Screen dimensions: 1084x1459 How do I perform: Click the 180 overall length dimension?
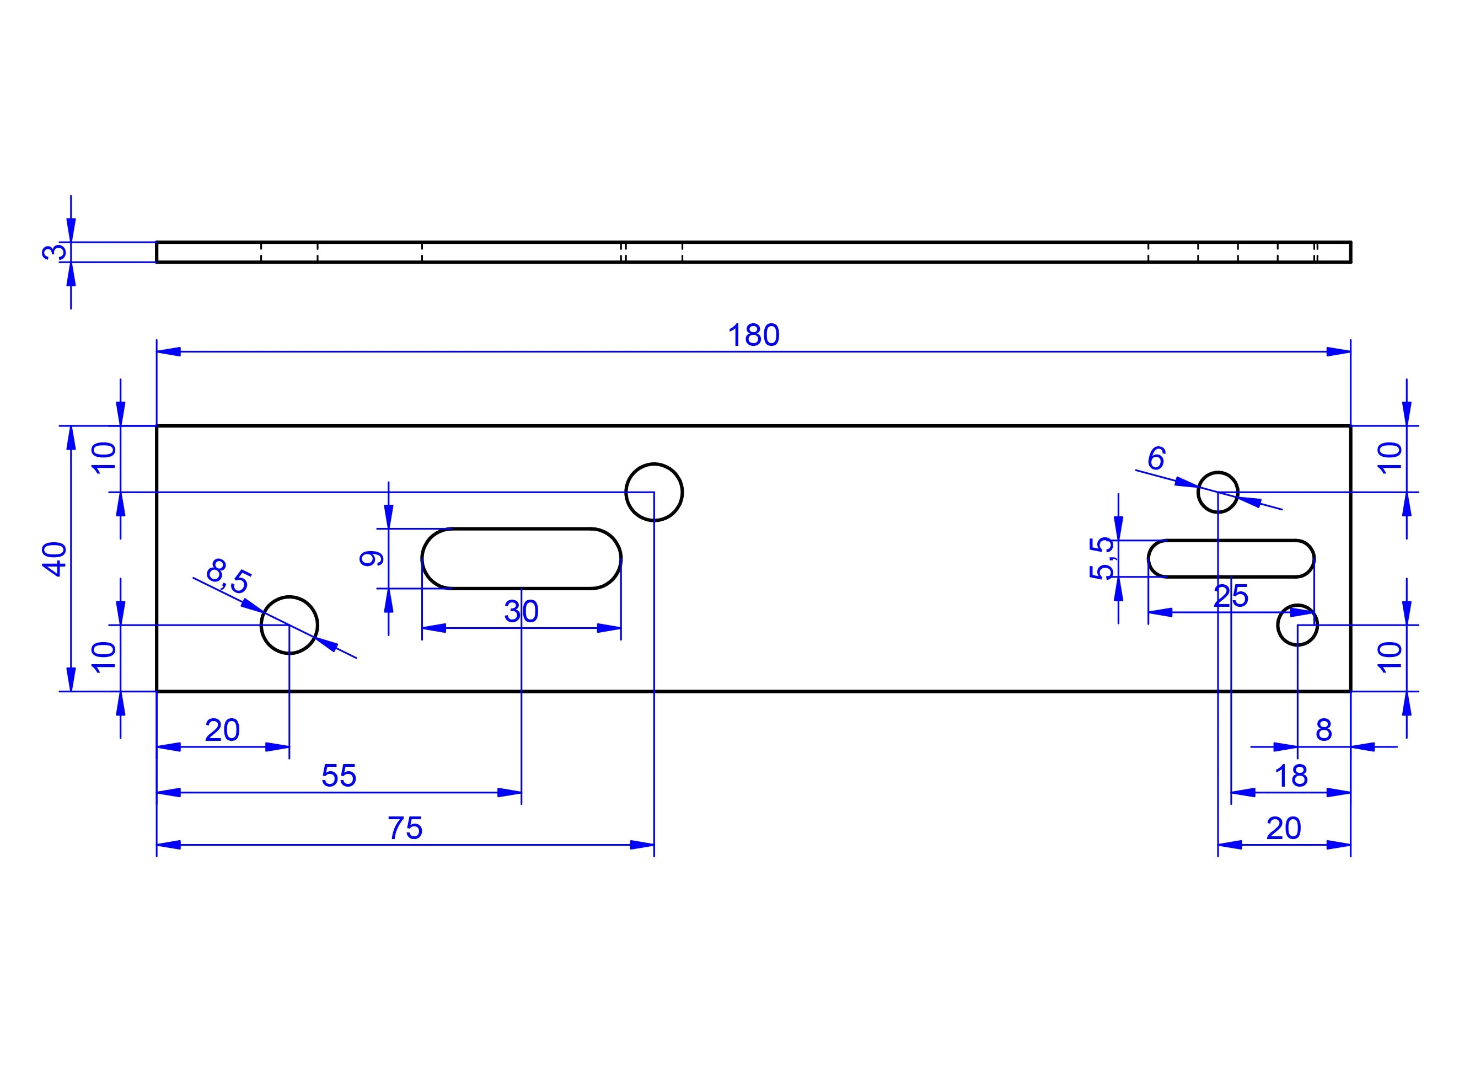[753, 335]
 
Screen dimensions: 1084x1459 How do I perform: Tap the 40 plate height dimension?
[55, 558]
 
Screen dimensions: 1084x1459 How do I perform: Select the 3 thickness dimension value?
[55, 252]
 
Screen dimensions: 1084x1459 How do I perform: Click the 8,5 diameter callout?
[228, 575]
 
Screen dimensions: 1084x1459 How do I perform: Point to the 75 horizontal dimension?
[405, 828]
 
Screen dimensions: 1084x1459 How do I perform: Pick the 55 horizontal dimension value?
[339, 776]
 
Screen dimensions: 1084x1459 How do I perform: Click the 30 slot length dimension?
[521, 612]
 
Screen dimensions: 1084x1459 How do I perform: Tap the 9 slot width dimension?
[372, 558]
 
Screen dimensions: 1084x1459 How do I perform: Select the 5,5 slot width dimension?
[1101, 558]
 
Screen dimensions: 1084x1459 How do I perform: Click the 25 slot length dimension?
[1231, 596]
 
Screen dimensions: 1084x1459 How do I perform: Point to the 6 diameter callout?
[1157, 458]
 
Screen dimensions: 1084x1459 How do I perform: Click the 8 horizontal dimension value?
[1324, 730]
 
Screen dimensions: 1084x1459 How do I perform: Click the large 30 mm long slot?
[521, 558]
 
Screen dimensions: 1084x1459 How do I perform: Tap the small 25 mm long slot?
[1231, 558]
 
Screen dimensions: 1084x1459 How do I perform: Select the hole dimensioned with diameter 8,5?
[289, 624]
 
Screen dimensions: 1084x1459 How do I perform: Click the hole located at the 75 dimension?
[654, 492]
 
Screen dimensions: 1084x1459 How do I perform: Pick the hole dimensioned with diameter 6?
[1217, 492]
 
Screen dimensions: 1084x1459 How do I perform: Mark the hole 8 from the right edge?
[1297, 624]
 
